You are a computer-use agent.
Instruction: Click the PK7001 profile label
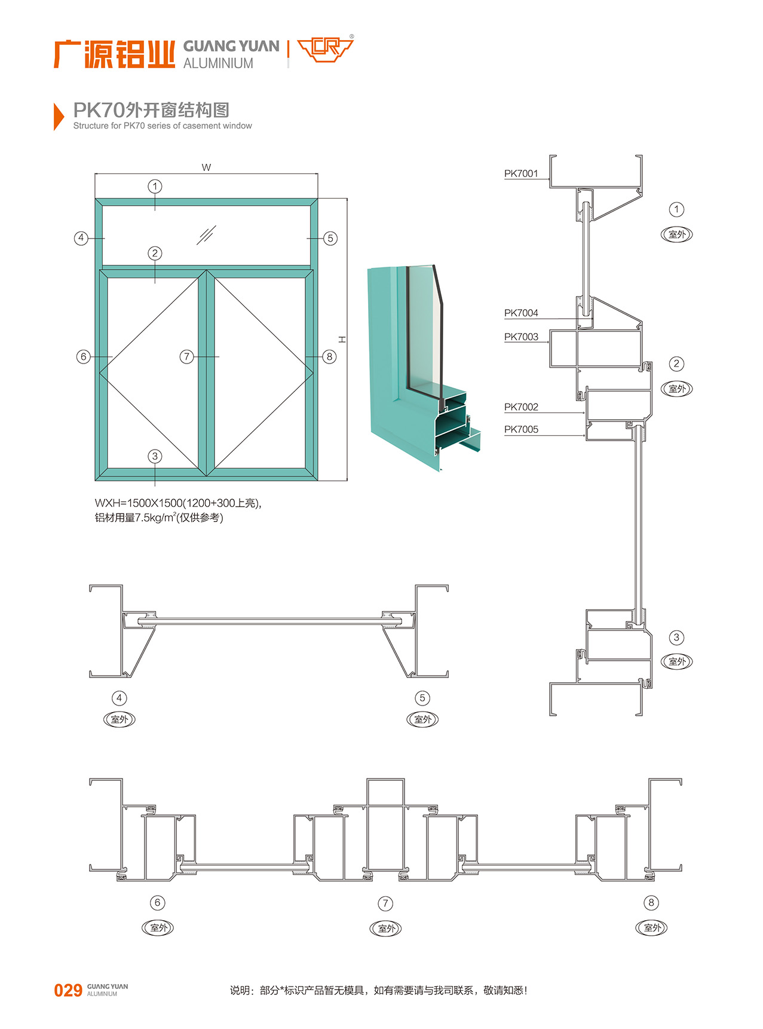[521, 173]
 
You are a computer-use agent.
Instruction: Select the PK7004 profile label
[521, 313]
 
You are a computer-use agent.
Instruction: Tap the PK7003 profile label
[521, 337]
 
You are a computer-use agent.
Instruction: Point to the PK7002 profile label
[521, 407]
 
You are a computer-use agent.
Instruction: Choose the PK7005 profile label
[521, 429]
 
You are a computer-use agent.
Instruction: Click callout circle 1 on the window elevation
[155, 187]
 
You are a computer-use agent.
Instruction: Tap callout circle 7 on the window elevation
[187, 357]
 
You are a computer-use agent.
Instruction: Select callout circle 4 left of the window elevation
[81, 238]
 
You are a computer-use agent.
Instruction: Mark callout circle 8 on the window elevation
[329, 357]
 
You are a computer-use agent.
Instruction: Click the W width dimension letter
[206, 167]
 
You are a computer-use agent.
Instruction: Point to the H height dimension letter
[342, 339]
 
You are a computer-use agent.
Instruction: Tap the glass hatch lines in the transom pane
[206, 235]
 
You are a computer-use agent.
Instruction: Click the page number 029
[68, 990]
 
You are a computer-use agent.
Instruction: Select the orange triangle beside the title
[59, 116]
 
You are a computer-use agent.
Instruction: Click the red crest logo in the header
[325, 49]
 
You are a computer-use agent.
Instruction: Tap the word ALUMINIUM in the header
[218, 63]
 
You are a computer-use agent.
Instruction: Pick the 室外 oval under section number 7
[386, 929]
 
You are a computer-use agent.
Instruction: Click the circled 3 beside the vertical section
[676, 637]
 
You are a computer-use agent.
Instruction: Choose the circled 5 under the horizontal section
[422, 698]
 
